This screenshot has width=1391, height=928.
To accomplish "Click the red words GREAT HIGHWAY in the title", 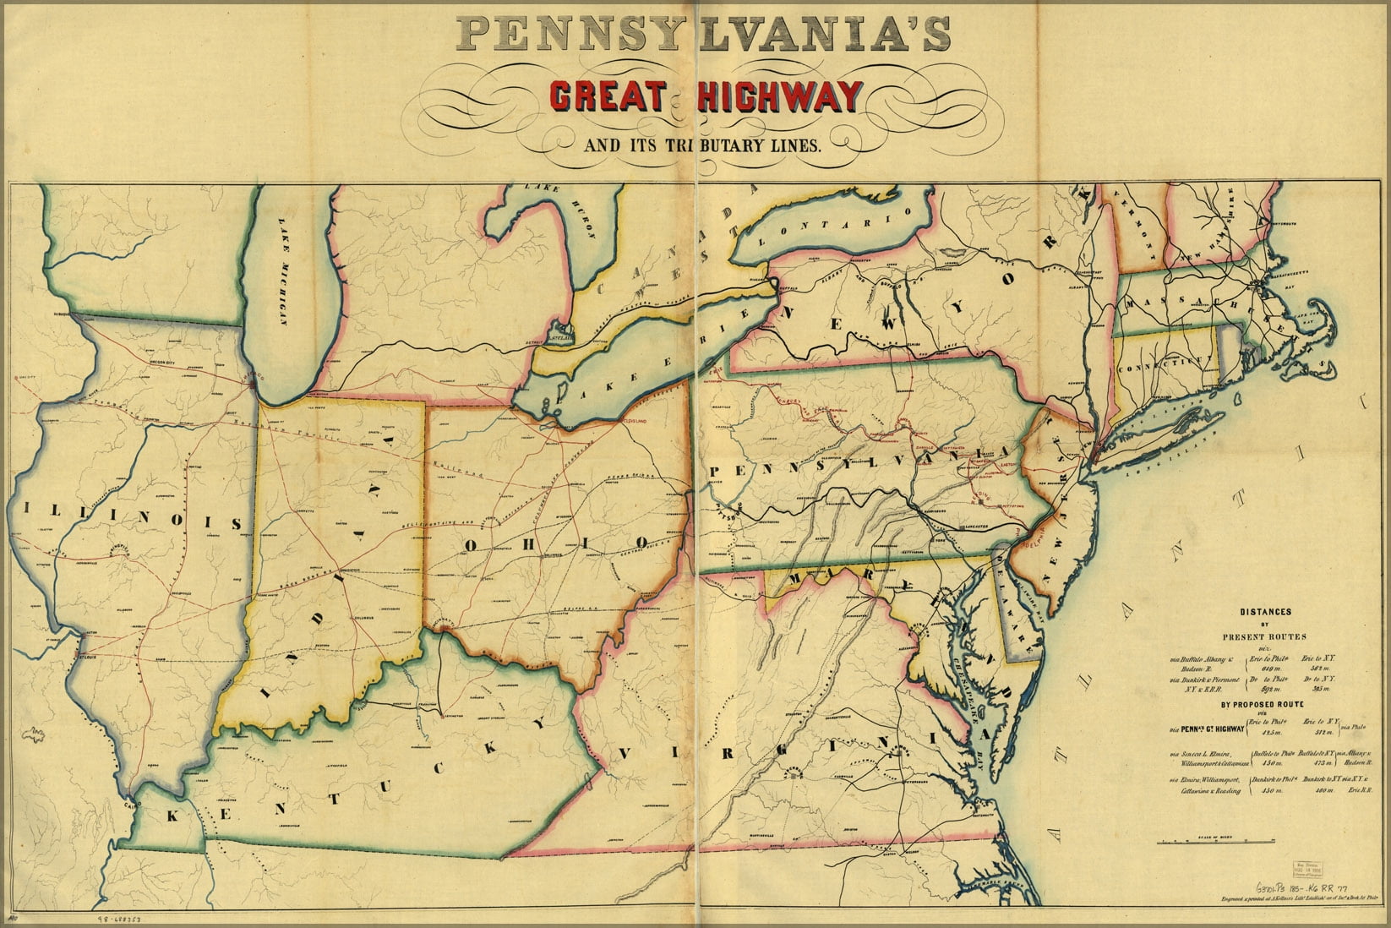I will [x=704, y=96].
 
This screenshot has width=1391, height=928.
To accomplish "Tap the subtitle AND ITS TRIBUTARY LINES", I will [x=701, y=145].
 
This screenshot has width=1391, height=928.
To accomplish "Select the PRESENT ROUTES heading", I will [x=1263, y=636].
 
